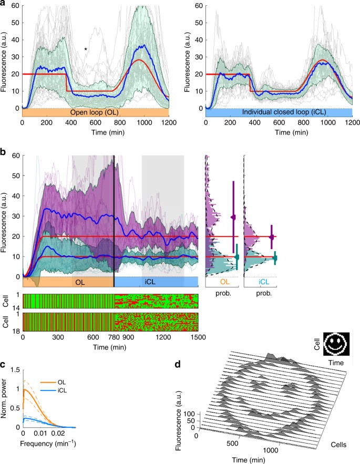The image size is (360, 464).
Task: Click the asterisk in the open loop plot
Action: [x=86, y=49]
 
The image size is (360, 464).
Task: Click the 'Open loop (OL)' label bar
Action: [x=95, y=112]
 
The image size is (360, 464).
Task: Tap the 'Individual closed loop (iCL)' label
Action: [x=279, y=112]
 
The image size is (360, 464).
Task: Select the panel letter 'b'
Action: [x=3, y=152]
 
